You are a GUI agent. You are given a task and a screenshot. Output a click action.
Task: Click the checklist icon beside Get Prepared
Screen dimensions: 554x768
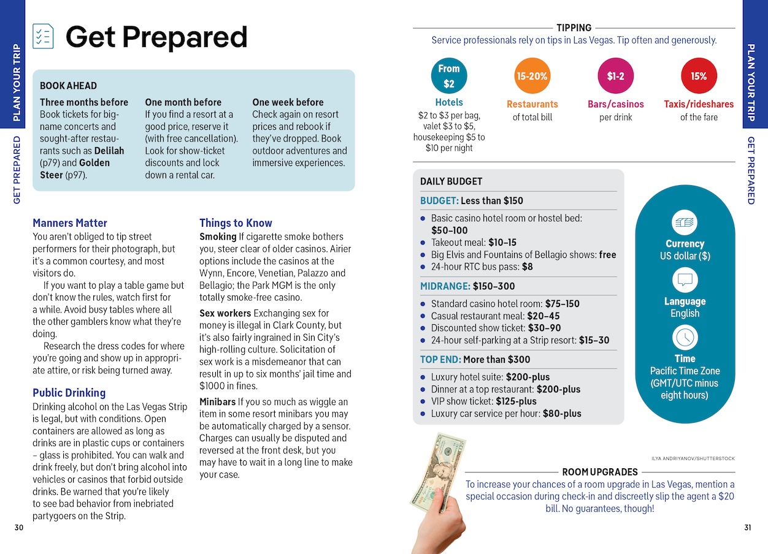click(x=43, y=36)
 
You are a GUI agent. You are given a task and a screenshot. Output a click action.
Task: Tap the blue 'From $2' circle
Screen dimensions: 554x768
click(x=449, y=76)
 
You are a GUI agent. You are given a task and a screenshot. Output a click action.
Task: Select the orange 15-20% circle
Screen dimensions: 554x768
click(x=532, y=76)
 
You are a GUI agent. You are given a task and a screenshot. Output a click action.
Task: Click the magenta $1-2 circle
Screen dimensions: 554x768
click(x=615, y=76)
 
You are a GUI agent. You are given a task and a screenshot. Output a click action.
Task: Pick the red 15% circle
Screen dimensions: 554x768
click(x=699, y=76)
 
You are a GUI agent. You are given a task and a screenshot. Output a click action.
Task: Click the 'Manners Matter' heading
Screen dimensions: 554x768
click(x=70, y=223)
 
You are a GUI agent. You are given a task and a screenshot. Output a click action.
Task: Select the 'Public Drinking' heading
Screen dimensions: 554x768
click(x=69, y=393)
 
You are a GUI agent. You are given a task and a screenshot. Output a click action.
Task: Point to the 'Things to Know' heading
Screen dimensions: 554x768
click(x=236, y=223)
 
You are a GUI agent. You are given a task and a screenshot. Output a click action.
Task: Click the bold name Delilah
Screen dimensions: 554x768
click(x=110, y=151)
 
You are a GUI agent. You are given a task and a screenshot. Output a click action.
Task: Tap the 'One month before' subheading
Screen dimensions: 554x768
click(x=183, y=102)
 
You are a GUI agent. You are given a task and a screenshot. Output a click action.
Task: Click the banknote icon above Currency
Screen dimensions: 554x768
click(x=685, y=222)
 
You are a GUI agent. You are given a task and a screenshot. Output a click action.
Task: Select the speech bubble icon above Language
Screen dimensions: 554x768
click(x=685, y=281)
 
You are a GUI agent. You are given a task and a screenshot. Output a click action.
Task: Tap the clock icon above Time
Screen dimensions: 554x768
click(x=685, y=338)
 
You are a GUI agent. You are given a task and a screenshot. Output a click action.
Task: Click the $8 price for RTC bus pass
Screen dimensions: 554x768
click(x=527, y=267)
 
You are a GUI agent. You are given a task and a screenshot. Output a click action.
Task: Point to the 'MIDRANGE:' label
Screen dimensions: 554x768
click(x=445, y=286)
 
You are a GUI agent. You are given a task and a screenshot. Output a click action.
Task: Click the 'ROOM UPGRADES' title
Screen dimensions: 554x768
click(x=600, y=472)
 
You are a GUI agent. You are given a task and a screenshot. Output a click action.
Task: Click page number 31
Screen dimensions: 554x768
click(x=747, y=528)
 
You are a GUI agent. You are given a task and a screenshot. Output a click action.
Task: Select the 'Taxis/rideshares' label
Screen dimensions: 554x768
click(x=699, y=104)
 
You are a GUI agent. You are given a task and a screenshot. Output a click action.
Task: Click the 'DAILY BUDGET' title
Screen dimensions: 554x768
click(x=451, y=181)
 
